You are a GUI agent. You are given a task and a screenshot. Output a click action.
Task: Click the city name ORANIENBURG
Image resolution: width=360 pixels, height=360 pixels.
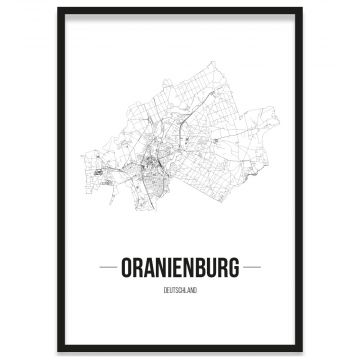(180, 267)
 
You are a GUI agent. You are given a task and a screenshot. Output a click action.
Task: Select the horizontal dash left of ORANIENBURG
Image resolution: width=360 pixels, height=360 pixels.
(110, 267)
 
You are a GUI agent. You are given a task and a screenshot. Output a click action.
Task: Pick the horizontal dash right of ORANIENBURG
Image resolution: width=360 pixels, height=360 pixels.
(250, 267)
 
